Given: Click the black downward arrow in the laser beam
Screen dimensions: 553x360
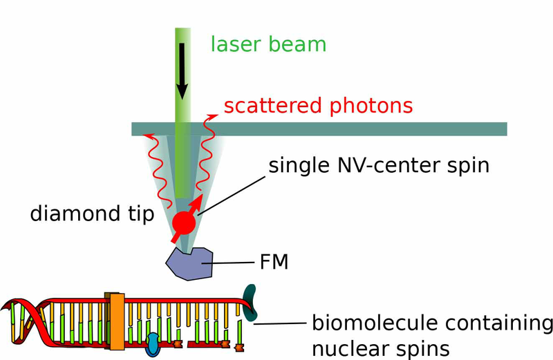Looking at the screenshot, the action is click(x=182, y=71).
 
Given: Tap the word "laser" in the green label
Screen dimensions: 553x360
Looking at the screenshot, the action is click(x=235, y=44).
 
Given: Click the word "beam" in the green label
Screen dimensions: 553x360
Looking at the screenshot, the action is click(x=297, y=44).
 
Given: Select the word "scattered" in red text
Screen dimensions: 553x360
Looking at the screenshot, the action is click(x=273, y=106).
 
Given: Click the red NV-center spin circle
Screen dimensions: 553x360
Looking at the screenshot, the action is click(x=184, y=222).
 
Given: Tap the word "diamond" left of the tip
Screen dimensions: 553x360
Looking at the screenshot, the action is click(x=75, y=213).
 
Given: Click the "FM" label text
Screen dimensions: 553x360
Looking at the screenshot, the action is click(x=274, y=262).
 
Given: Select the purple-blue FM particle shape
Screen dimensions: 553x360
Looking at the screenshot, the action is click(x=189, y=264).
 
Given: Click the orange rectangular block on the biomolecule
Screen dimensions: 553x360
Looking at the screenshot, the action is click(x=117, y=321).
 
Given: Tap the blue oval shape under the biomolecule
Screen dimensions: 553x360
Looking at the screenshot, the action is click(x=153, y=345).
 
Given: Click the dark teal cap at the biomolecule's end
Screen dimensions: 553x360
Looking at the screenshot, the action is click(x=250, y=303).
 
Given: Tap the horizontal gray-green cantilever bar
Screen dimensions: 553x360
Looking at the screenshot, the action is click(x=319, y=129).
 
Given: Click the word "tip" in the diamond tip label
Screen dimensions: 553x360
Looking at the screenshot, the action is click(x=141, y=214).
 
